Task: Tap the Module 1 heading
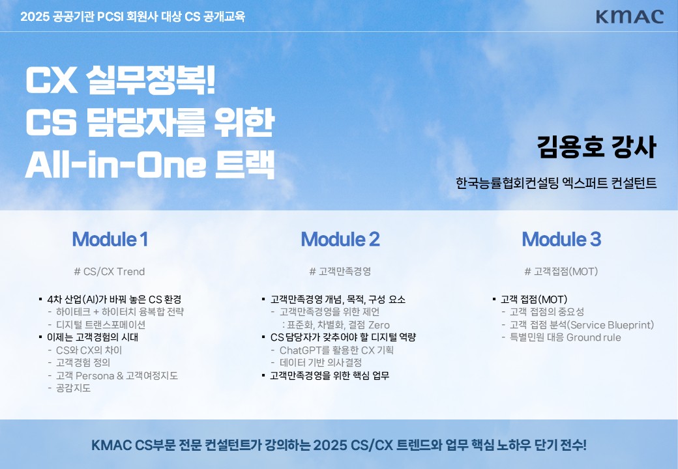110,239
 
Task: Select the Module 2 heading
340,239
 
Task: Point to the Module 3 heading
561,239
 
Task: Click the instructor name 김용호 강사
597,147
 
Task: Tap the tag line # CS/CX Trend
110,272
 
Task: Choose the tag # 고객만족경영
340,272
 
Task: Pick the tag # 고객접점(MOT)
561,272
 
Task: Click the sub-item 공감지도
74,388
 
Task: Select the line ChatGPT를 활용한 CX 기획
336,350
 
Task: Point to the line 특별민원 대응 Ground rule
565,337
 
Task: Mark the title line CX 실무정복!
121,80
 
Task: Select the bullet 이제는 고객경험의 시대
93,337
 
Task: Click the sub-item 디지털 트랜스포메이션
101,325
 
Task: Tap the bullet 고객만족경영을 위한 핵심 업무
329,375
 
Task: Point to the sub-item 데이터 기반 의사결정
320,363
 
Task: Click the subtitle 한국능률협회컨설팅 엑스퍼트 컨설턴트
556,183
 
